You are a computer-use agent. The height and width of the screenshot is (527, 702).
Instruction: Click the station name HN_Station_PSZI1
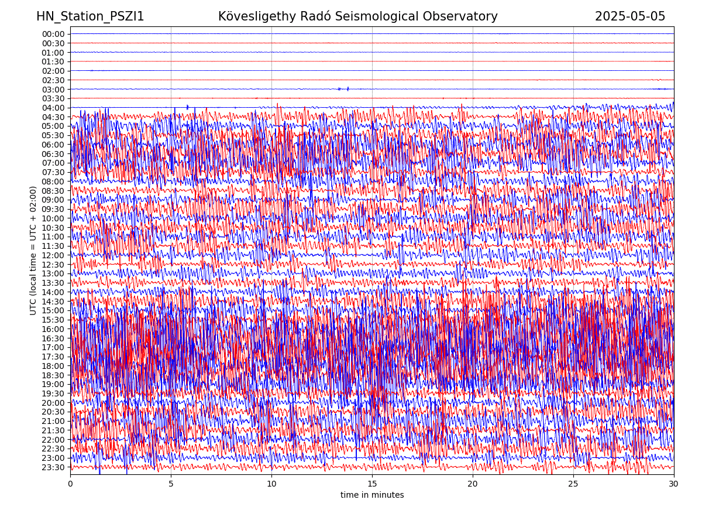pyautogui.click(x=90, y=16)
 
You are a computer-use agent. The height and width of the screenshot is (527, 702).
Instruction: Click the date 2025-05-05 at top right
pyautogui.click(x=630, y=16)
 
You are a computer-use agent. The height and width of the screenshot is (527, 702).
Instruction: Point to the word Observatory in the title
pyautogui.click(x=465, y=16)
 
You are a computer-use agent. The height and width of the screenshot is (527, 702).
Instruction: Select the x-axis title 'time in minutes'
pyautogui.click(x=372, y=495)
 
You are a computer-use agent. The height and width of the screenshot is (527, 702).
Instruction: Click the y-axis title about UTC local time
pyautogui.click(x=33, y=250)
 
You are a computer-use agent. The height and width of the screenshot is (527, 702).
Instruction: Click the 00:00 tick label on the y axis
pyautogui.click(x=53, y=34)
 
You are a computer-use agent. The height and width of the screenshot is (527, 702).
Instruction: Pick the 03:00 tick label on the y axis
pyautogui.click(x=53, y=90)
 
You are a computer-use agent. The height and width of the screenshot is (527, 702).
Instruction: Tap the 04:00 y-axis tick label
pyautogui.click(x=53, y=108)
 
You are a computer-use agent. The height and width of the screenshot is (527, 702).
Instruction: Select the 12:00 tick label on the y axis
pyautogui.click(x=53, y=255)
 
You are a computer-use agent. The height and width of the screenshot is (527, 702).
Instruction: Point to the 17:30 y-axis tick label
pyautogui.click(x=53, y=357)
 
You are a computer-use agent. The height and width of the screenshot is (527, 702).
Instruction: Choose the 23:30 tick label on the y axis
pyautogui.click(x=53, y=467)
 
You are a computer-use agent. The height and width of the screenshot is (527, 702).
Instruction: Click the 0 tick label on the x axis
pyautogui.click(x=70, y=484)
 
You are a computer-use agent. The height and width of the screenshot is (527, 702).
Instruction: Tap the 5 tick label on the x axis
pyautogui.click(x=171, y=484)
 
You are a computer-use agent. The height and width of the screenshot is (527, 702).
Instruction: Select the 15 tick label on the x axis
pyautogui.click(x=372, y=484)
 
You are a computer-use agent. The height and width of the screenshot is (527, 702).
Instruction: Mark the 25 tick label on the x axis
pyautogui.click(x=573, y=484)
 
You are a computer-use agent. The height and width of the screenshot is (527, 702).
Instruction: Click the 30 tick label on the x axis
pyautogui.click(x=674, y=484)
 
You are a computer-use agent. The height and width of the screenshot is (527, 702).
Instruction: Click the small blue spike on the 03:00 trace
pyautogui.click(x=348, y=89)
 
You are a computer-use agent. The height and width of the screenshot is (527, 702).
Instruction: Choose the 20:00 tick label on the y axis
pyautogui.click(x=53, y=403)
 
